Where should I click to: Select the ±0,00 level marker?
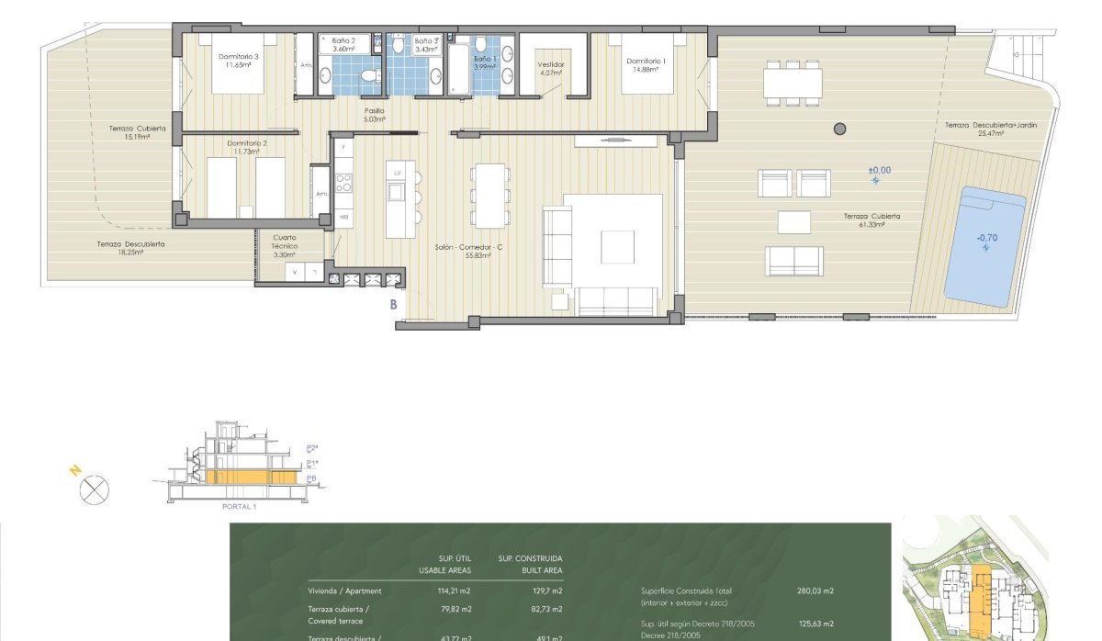tap(879, 170)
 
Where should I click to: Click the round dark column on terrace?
tap(838, 129)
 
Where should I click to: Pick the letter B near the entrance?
tap(394, 304)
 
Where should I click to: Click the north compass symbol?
tap(94, 490)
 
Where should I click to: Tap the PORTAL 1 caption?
tap(240, 506)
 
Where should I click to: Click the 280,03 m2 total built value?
tap(815, 590)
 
